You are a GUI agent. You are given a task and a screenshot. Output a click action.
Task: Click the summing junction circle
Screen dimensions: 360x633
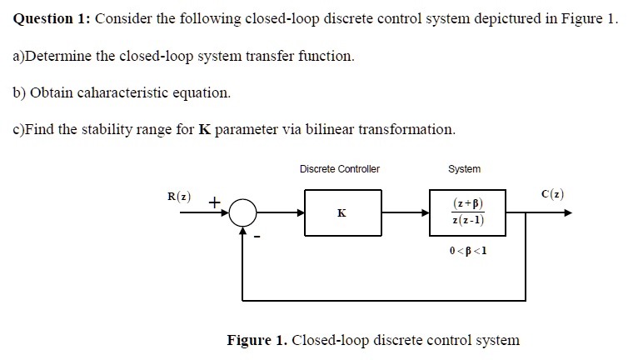(x=242, y=213)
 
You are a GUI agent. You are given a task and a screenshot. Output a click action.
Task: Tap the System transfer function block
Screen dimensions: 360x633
(x=467, y=212)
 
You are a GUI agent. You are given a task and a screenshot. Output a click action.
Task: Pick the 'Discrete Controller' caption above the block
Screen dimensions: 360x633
(x=339, y=169)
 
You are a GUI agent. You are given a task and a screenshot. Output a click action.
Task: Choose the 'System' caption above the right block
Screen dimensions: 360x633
(x=464, y=169)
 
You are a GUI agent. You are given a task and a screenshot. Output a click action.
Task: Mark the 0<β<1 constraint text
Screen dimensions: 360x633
(x=467, y=251)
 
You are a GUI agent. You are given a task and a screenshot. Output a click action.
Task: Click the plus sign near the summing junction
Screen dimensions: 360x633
(x=214, y=202)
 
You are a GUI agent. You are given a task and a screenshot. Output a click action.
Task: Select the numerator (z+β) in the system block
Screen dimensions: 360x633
(x=468, y=204)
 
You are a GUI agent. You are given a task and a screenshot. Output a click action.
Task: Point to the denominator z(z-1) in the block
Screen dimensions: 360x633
(x=468, y=221)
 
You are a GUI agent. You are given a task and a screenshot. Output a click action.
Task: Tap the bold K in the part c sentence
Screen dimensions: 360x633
(x=203, y=129)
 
